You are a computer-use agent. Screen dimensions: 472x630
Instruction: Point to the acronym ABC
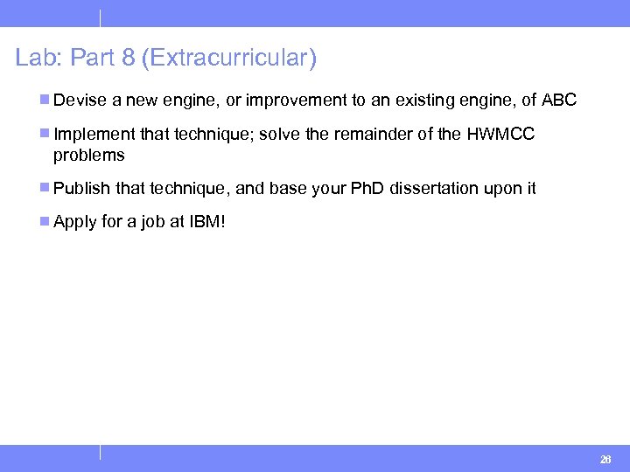559,101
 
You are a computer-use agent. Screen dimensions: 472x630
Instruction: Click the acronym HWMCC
500,135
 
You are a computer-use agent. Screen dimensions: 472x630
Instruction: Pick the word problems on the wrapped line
88,156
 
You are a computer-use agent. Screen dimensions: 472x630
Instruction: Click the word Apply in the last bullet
74,222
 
